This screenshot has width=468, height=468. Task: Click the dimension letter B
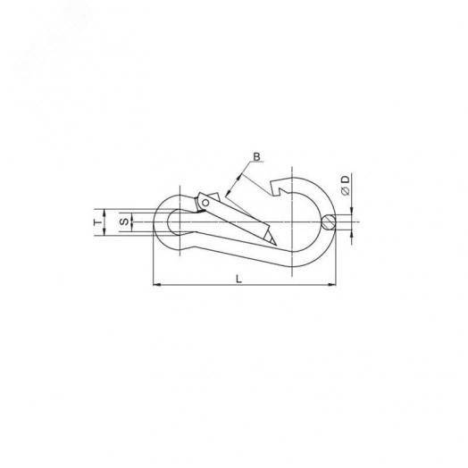(x=256, y=156)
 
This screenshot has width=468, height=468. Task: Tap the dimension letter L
(x=238, y=279)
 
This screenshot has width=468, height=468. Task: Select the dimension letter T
(x=97, y=222)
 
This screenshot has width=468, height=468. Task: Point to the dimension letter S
(x=124, y=221)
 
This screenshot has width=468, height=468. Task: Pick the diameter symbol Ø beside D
(x=346, y=191)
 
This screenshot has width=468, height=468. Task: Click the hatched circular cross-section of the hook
(x=329, y=222)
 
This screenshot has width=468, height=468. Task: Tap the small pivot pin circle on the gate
(x=205, y=203)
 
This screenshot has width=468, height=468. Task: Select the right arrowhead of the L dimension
(x=332, y=285)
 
